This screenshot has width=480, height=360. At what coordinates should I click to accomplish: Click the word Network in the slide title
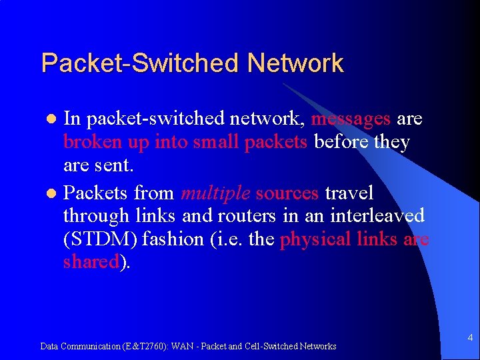point(295,64)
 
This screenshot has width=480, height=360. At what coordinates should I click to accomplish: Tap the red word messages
point(351,119)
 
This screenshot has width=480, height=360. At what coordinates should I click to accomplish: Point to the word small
point(217,143)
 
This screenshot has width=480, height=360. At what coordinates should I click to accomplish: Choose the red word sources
point(287,193)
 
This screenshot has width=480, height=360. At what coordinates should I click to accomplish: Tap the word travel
point(349,193)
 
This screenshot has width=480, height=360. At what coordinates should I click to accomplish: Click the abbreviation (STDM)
point(97,239)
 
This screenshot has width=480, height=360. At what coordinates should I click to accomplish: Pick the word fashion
point(167,239)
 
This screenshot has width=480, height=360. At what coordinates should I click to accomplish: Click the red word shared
point(91,261)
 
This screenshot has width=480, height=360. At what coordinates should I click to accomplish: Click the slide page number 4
point(470,338)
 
